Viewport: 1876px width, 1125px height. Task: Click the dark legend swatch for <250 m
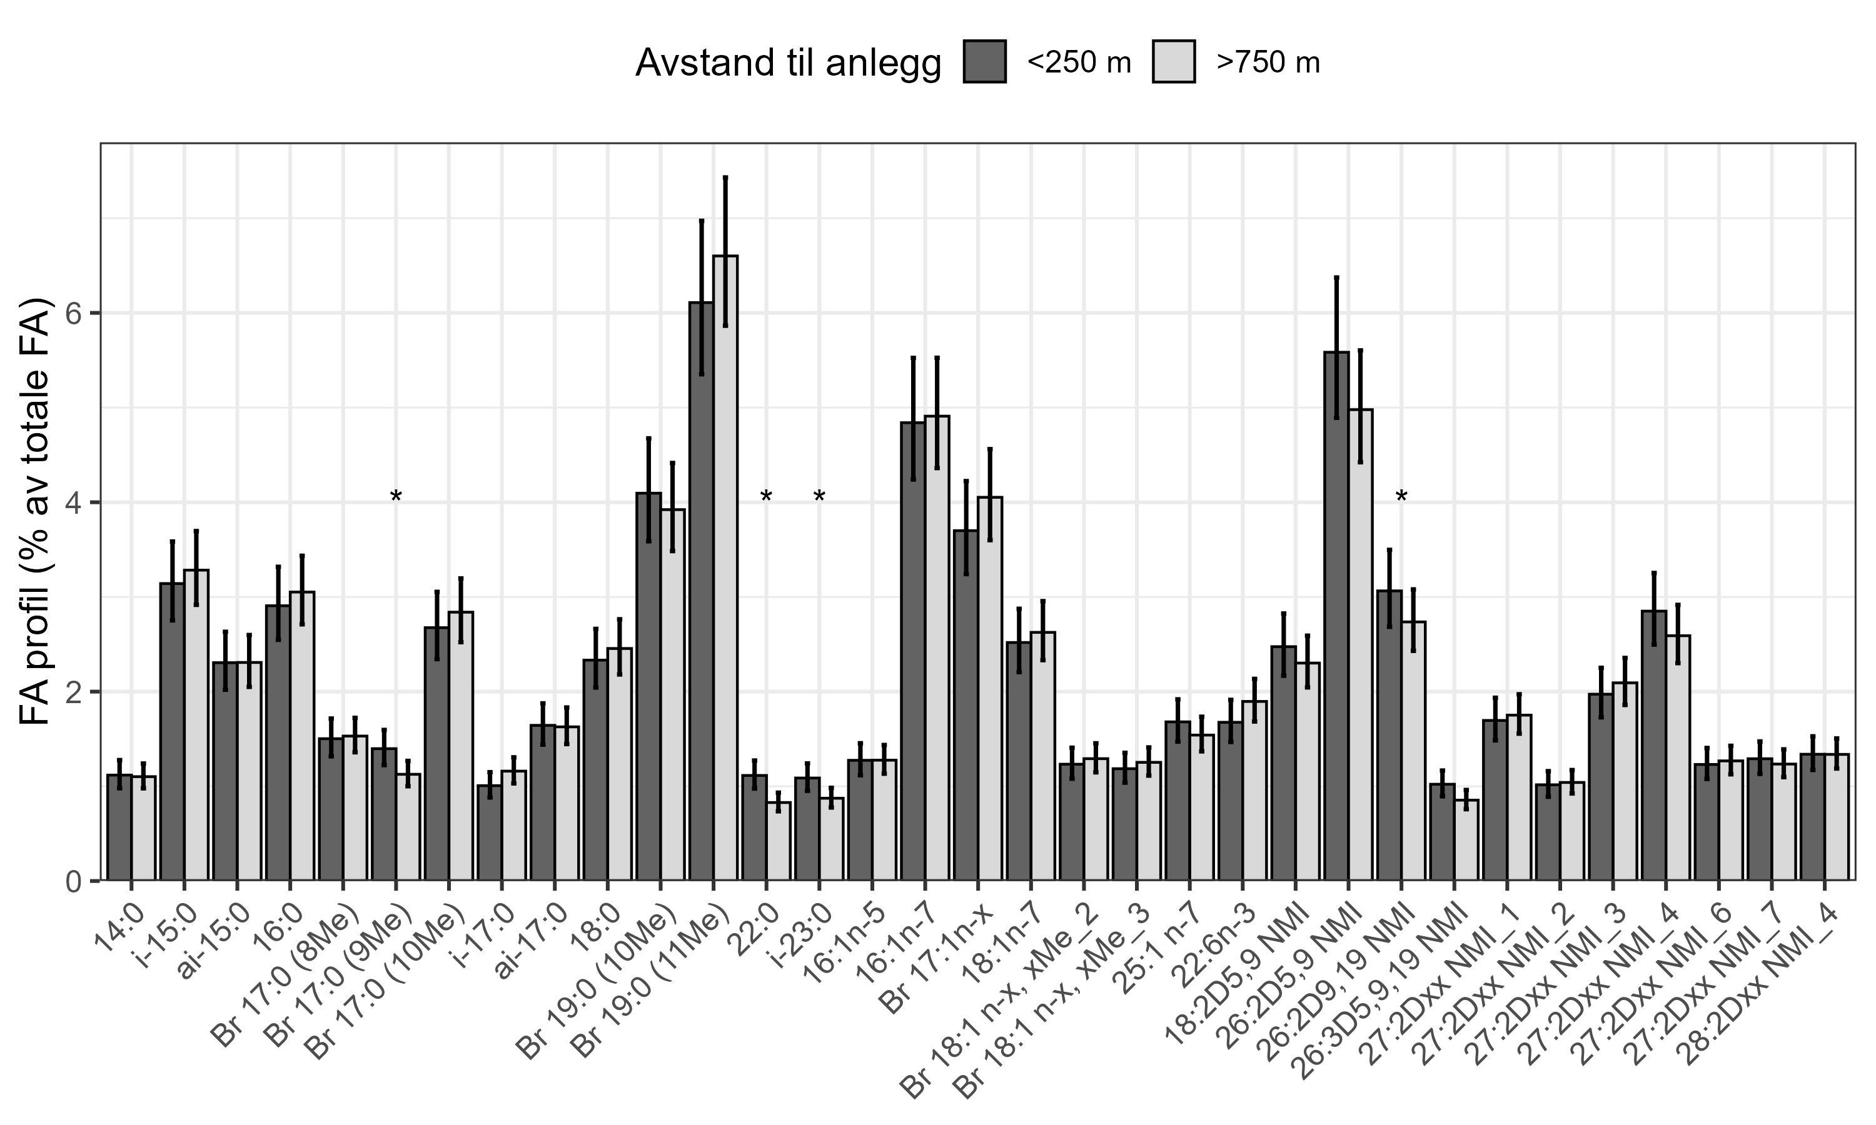pos(985,61)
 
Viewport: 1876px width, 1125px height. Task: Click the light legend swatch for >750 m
pos(1173,61)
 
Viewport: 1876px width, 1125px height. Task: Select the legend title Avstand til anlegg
pos(788,63)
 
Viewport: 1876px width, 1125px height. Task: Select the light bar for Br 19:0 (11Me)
pos(725,569)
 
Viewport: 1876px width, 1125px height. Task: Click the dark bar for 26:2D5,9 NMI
pos(1336,614)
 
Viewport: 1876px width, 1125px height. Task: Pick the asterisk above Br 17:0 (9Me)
pos(396,499)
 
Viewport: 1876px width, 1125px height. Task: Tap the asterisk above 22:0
pos(766,499)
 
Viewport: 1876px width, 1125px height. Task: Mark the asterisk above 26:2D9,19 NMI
pos(1401,499)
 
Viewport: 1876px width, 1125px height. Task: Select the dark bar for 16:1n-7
pos(913,652)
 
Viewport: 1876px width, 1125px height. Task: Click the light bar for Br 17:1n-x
pos(989,690)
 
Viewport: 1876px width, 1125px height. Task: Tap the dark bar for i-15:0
pos(172,731)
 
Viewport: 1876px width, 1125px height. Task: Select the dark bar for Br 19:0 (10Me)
pos(648,686)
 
